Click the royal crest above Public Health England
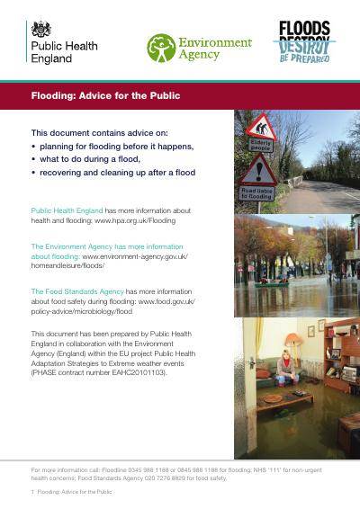41,30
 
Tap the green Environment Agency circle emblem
161,47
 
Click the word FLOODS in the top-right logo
303,29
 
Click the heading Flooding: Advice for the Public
105,95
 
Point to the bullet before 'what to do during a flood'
33,158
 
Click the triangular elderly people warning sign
262,128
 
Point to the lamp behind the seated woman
293,340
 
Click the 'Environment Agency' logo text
216,48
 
